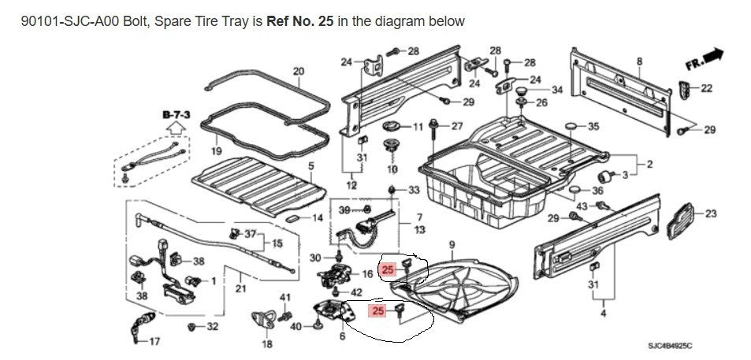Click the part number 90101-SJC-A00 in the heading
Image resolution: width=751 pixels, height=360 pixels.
[59, 21]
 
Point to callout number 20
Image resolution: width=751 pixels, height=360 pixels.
[298, 72]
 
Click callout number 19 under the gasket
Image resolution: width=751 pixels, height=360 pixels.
[216, 150]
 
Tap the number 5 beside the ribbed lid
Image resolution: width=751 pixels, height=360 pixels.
[310, 166]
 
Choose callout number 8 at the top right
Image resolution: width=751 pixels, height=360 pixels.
[639, 61]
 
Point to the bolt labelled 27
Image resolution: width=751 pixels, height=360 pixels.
[435, 126]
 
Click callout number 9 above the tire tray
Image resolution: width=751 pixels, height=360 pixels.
[452, 244]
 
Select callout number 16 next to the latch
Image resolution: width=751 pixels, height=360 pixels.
[366, 274]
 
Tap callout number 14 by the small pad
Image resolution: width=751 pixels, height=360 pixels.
[318, 217]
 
